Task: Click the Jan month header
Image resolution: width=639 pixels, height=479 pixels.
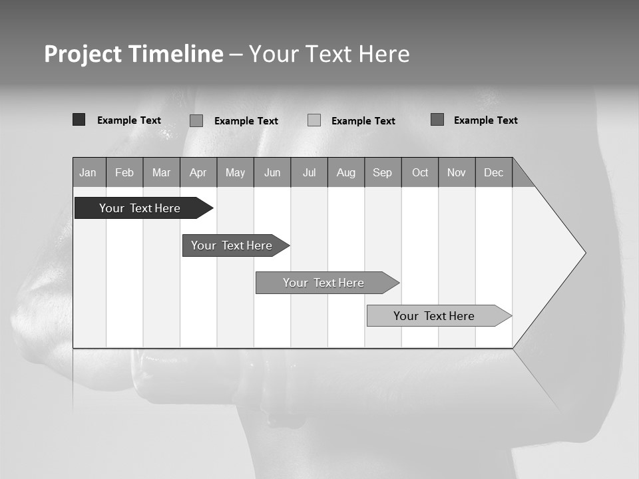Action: pyautogui.click(x=89, y=172)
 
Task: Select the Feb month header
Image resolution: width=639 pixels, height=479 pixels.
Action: pyautogui.click(x=124, y=172)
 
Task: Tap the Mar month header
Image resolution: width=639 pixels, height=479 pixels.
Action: pyautogui.click(x=161, y=172)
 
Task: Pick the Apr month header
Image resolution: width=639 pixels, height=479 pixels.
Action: pyautogui.click(x=198, y=172)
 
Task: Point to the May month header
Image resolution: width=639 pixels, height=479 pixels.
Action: pyautogui.click(x=235, y=172)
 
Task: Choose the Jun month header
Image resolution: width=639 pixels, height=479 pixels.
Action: pyautogui.click(x=272, y=172)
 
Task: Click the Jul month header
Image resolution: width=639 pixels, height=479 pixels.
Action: pyautogui.click(x=309, y=172)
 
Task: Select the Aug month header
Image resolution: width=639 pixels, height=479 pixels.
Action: pyautogui.click(x=346, y=172)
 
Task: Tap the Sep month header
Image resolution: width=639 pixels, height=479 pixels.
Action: pyautogui.click(x=383, y=172)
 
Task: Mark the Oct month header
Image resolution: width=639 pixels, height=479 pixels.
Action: pyautogui.click(x=420, y=172)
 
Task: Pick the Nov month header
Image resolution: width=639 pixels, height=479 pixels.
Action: pyautogui.click(x=457, y=172)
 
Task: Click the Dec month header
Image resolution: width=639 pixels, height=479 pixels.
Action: pyautogui.click(x=494, y=172)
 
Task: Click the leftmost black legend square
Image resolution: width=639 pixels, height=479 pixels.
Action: pyautogui.click(x=79, y=120)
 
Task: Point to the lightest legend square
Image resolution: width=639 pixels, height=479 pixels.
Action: pyautogui.click(x=314, y=120)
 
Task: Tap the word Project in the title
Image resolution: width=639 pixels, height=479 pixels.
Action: pyautogui.click(x=83, y=54)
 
